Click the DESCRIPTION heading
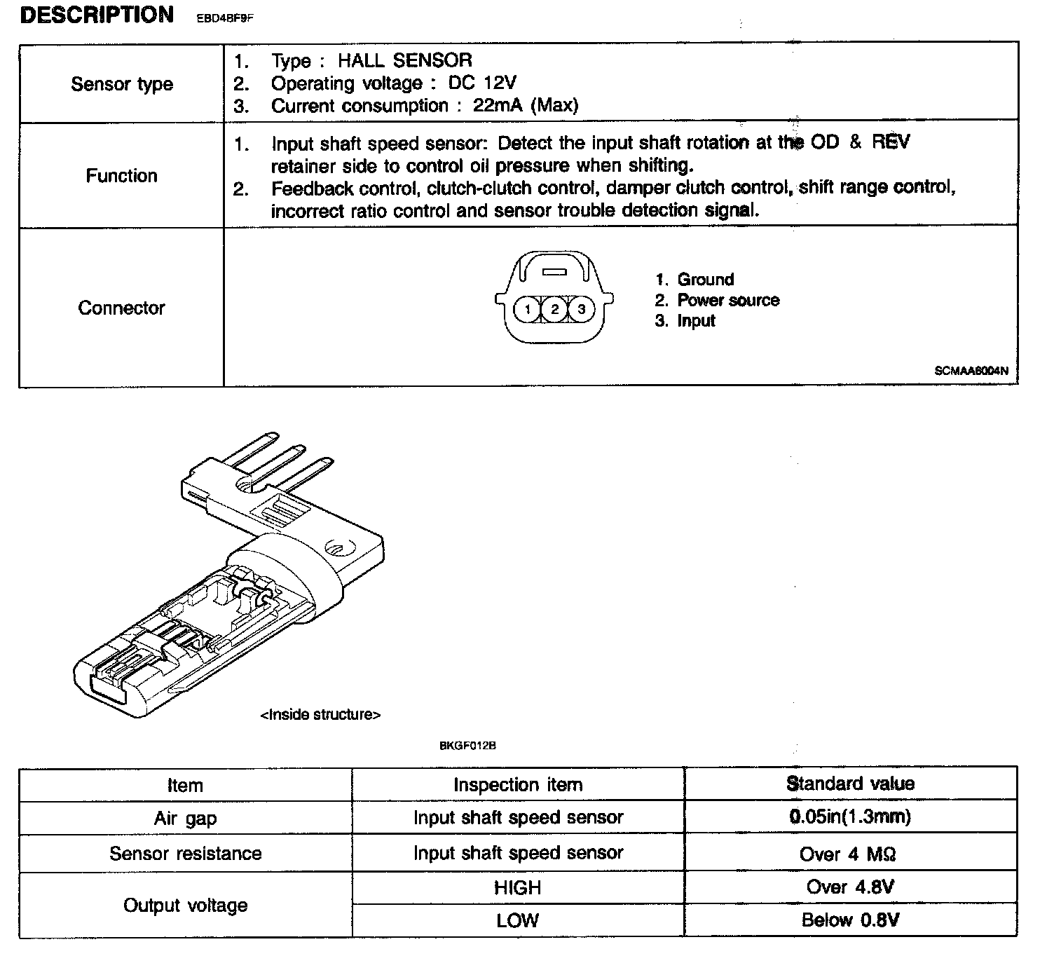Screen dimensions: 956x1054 [x=97, y=15]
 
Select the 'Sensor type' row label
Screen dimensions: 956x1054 [x=122, y=84]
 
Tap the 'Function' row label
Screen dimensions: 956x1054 [x=122, y=175]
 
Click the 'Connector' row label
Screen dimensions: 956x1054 [x=121, y=308]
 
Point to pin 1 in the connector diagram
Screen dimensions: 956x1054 [x=528, y=309]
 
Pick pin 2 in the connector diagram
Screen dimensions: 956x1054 [x=554, y=309]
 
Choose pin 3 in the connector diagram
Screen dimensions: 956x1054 [x=581, y=309]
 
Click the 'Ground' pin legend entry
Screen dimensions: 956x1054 [x=705, y=280]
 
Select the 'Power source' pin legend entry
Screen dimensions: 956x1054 [x=728, y=301]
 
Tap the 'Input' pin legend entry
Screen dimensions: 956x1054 [x=696, y=321]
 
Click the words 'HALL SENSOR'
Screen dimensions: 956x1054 [x=405, y=60]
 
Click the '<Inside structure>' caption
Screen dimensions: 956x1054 [x=321, y=715]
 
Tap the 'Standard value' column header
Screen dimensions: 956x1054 [x=850, y=784]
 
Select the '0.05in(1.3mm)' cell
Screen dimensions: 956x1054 [x=850, y=817]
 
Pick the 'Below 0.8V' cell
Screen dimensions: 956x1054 [x=850, y=920]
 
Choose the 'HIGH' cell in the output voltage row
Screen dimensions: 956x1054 [x=517, y=888]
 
